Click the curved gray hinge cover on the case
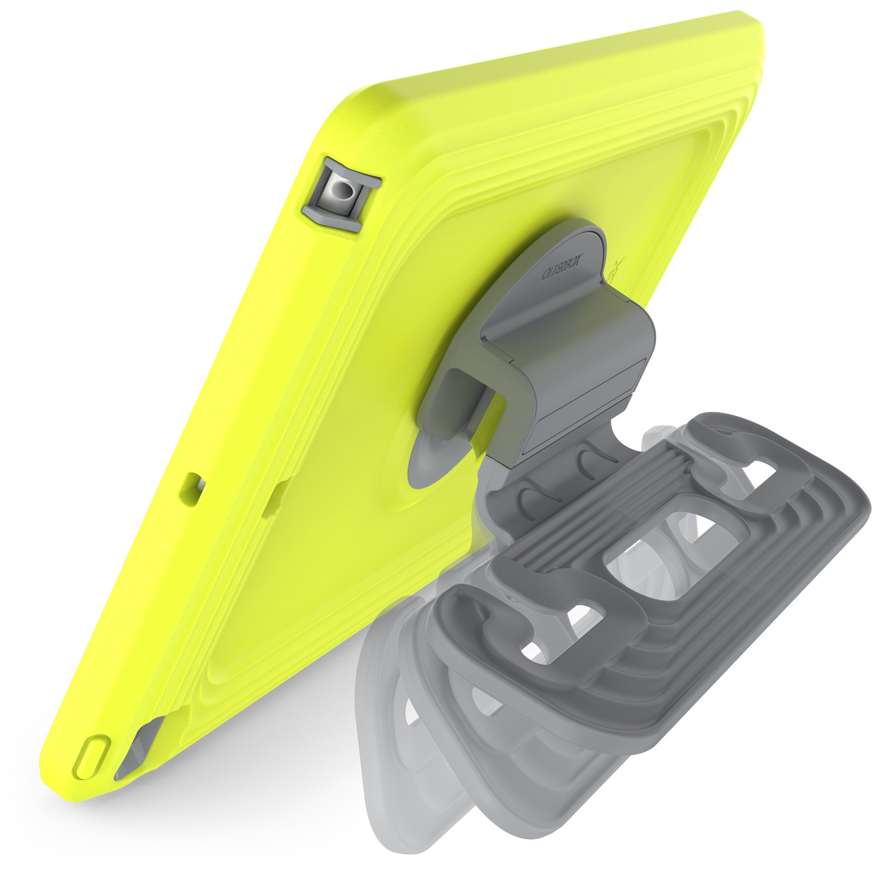coord(578,349)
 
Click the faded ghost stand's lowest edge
coord(415,851)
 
